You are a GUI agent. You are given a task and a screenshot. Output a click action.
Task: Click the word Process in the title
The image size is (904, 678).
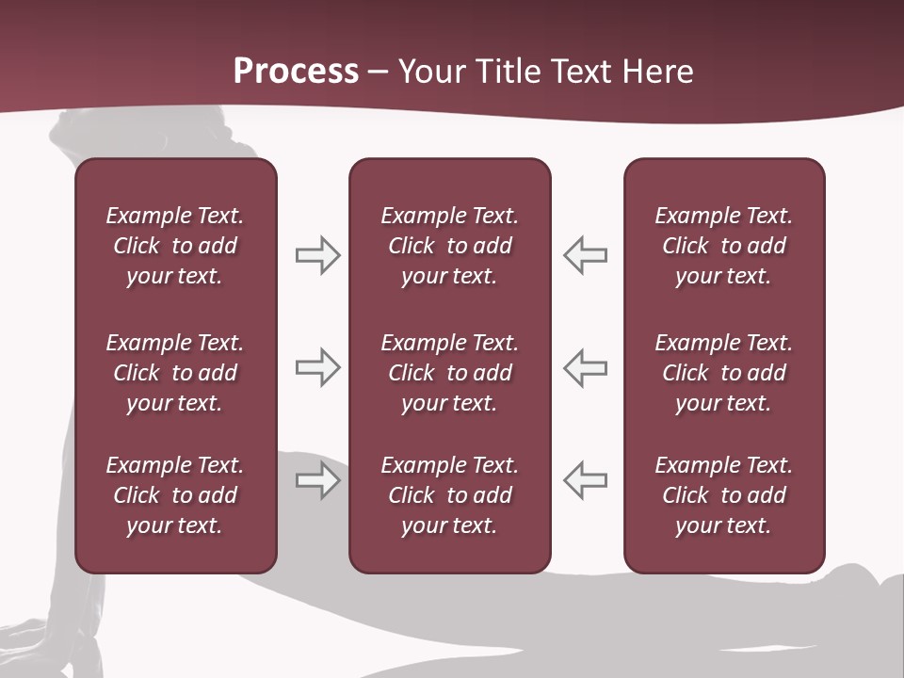click(296, 72)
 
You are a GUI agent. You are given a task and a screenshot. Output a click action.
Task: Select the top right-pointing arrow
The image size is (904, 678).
click(317, 255)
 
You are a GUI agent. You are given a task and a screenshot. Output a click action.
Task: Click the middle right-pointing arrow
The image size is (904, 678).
click(317, 367)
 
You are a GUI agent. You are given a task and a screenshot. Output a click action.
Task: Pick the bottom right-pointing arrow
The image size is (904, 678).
click(317, 479)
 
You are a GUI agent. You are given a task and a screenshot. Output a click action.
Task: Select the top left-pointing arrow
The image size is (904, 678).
click(585, 255)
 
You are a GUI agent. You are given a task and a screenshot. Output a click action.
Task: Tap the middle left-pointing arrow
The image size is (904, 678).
click(585, 367)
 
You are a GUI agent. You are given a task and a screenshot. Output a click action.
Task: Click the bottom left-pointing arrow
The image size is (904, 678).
click(585, 479)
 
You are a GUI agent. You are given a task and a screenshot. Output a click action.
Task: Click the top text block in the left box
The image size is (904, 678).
click(175, 246)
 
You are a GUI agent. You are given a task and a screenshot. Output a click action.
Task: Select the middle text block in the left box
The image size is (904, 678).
click(175, 373)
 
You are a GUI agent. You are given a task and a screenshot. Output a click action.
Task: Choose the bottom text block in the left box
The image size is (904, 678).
click(175, 495)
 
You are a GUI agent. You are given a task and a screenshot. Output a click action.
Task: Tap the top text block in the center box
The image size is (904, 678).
click(449, 246)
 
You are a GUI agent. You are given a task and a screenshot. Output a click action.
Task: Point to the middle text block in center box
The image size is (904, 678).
click(449, 373)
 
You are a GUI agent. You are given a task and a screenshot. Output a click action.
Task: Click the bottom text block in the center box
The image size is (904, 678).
click(449, 495)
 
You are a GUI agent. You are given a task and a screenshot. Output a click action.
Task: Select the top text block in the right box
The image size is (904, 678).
click(723, 246)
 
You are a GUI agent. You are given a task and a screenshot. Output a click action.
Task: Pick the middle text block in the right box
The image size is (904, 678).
click(723, 373)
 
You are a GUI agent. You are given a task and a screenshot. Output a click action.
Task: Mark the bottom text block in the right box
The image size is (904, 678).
click(723, 495)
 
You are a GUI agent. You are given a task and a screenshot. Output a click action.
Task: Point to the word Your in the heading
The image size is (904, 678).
click(431, 72)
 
